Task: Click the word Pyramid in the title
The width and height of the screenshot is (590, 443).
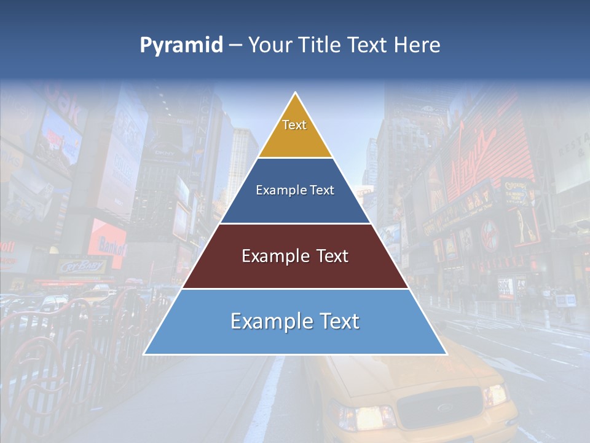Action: click(181, 46)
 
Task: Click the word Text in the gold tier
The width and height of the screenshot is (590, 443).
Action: click(294, 125)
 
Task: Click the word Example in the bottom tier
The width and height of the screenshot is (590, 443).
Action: click(271, 321)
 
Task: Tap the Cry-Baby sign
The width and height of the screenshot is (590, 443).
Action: click(82, 266)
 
